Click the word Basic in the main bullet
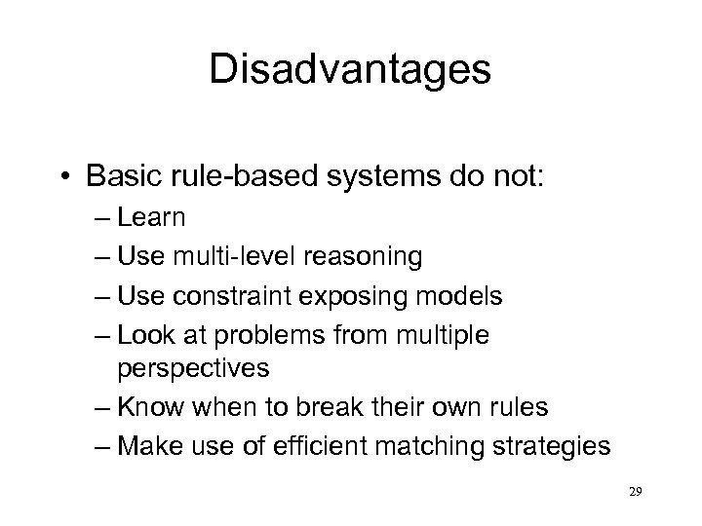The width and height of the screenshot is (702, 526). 118,178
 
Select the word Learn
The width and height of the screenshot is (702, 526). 151,218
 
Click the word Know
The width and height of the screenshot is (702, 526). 148,409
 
